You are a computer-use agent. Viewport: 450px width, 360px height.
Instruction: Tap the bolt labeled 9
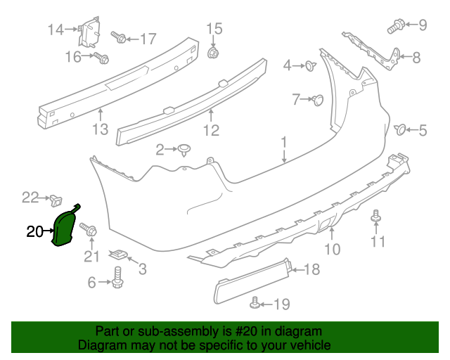pos(394,27)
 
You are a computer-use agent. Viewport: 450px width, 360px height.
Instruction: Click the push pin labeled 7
pos(317,100)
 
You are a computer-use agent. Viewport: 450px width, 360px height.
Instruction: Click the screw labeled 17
pos(117,37)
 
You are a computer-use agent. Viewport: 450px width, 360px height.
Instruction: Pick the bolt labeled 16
pos(101,58)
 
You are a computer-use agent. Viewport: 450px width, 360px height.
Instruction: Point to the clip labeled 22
pos(55,200)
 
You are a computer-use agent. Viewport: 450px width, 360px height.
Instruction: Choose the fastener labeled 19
pos(255,304)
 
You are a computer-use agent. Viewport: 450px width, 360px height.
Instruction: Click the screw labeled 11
pos(375,218)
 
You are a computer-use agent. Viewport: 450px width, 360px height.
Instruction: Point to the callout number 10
pos(332,248)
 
